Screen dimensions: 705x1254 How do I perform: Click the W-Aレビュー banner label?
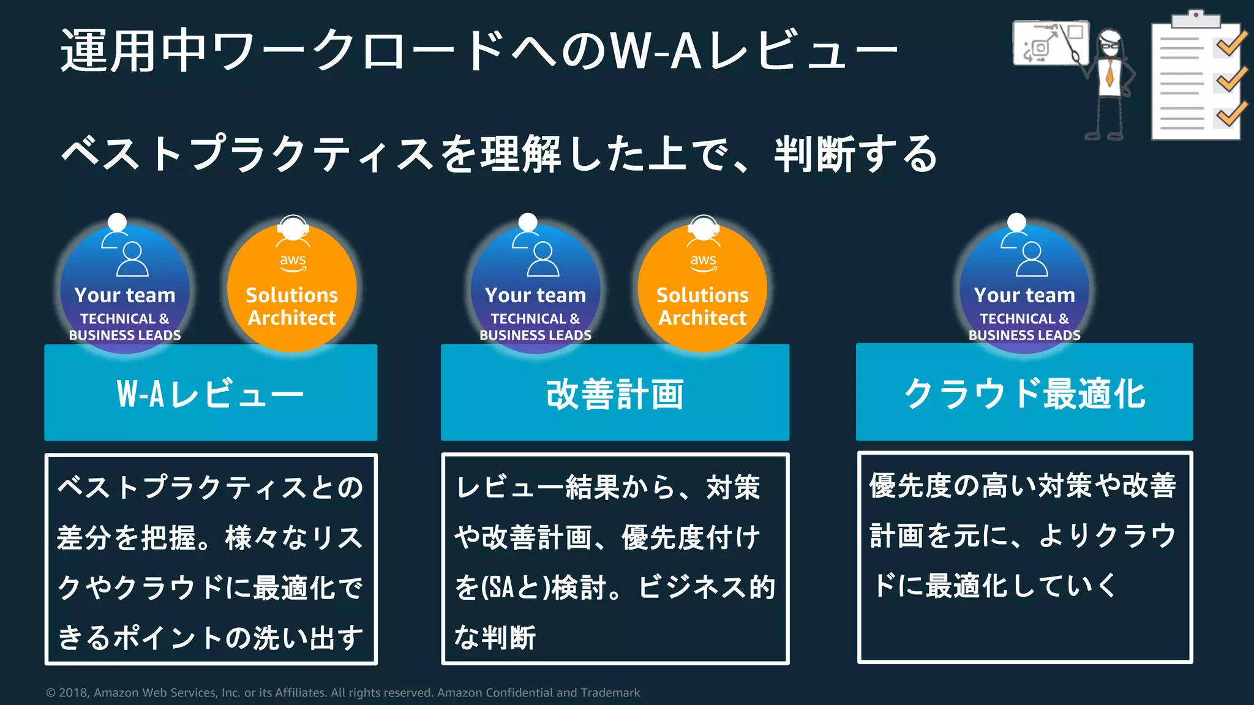(211, 394)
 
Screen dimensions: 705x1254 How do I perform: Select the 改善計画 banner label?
(615, 394)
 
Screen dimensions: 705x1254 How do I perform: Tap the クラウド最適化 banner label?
(1024, 394)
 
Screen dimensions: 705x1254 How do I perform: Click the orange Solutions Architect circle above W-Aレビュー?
(292, 288)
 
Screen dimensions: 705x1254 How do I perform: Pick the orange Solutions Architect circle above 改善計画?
(702, 288)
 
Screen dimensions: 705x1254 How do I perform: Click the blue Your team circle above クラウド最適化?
(1024, 288)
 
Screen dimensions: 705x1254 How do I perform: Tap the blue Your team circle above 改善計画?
(535, 288)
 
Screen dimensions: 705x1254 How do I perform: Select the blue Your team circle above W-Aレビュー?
(125, 288)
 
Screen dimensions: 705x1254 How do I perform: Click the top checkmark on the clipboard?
(1231, 44)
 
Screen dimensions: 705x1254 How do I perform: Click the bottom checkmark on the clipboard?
(1231, 114)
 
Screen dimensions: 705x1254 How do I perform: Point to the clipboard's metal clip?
(1195, 19)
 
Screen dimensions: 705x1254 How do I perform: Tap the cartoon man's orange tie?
(1109, 73)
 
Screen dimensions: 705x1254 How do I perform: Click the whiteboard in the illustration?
(1049, 43)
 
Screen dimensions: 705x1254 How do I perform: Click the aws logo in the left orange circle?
(293, 261)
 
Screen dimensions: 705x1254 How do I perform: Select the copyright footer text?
(343, 693)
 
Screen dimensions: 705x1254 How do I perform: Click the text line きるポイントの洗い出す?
(211, 638)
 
